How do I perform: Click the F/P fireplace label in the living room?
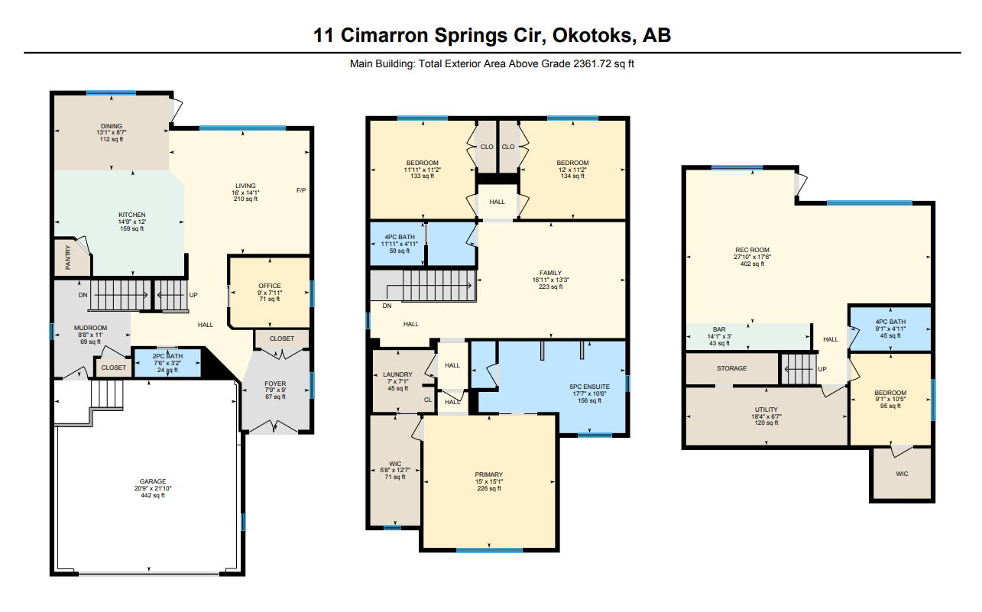click(301, 190)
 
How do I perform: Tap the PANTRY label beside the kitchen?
click(68, 257)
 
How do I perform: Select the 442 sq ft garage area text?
click(153, 495)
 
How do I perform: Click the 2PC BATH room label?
click(167, 356)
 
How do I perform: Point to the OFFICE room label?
click(270, 286)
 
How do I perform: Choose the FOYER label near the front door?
click(275, 384)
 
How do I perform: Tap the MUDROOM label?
click(91, 328)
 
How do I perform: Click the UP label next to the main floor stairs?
click(193, 295)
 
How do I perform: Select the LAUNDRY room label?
click(397, 374)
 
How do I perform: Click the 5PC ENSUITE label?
click(590, 387)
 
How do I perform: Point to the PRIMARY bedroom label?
click(489, 474)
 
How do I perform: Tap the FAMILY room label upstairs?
click(551, 273)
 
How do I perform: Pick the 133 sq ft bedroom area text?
click(423, 176)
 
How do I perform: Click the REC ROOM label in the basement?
click(752, 250)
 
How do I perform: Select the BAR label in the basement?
click(719, 329)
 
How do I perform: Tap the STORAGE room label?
click(731, 368)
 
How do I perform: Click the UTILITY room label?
click(766, 410)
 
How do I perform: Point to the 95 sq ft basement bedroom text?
click(890, 406)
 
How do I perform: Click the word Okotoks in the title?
click(593, 36)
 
